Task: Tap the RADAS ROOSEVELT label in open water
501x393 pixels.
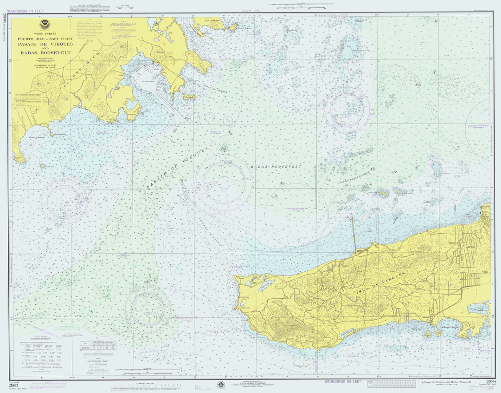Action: [276, 166]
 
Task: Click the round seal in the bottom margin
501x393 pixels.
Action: [221, 384]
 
